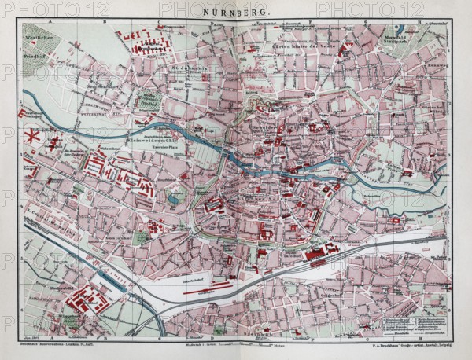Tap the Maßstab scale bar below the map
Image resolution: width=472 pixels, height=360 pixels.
(x=236, y=340)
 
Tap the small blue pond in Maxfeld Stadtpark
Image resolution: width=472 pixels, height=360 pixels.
(x=400, y=29)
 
